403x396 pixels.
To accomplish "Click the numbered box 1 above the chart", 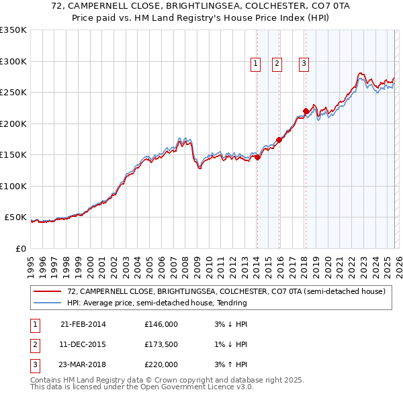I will pos(256,64).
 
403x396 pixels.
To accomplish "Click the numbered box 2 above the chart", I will pos(277,64).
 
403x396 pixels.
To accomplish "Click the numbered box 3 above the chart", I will pos(304,64).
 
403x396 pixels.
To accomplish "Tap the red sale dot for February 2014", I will pos(257,157).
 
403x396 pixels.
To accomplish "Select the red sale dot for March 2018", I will pos(306,111).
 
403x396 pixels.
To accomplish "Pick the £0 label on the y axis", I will pos(19,248).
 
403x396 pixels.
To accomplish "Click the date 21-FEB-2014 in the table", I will pos(83,324).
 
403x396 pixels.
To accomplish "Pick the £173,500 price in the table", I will pos(161,344).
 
